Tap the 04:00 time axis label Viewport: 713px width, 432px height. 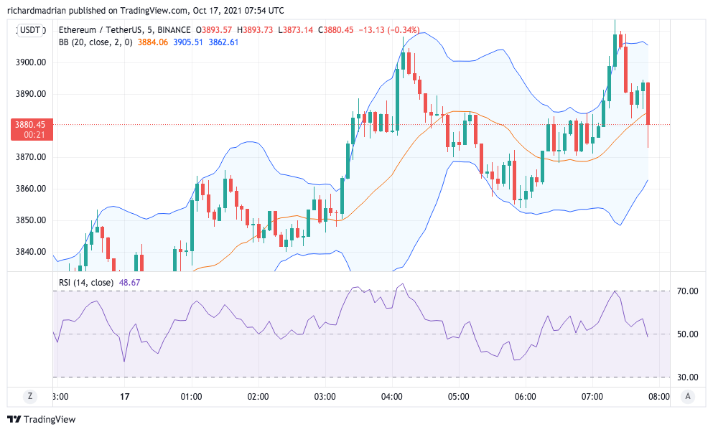pos(392,396)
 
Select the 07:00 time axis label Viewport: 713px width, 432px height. pos(592,396)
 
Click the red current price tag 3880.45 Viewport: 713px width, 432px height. pos(29,125)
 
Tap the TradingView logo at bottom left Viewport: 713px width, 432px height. pos(41,419)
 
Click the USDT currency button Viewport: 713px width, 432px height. pos(31,30)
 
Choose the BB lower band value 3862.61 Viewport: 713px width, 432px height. pos(223,42)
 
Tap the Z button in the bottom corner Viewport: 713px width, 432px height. pos(30,395)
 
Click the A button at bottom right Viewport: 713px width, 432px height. pos(688,395)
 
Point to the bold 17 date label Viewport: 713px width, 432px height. pos(124,396)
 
